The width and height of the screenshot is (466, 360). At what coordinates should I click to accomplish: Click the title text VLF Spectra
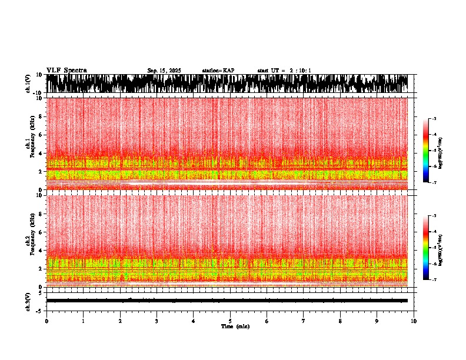click(x=66, y=70)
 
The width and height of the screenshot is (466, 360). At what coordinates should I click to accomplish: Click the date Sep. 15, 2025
click(x=164, y=71)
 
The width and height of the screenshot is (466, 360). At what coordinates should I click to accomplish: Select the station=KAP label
click(x=218, y=71)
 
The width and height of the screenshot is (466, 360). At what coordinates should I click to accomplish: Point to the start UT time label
click(x=284, y=71)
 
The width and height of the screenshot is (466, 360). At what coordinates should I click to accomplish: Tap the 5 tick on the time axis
click(x=230, y=321)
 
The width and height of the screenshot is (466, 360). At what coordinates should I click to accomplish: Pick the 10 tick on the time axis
click(x=414, y=321)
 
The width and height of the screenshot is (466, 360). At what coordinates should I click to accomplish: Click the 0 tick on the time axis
click(x=46, y=321)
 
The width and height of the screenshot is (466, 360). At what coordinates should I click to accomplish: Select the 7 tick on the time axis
click(x=304, y=321)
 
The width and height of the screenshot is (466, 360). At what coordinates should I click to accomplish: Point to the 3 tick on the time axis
click(x=157, y=321)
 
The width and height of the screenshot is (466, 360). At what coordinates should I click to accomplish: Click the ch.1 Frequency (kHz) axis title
click(x=31, y=144)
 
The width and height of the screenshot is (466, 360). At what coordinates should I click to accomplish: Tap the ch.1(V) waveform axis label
click(x=28, y=84)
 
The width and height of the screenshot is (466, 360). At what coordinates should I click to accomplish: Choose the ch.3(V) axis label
click(x=28, y=300)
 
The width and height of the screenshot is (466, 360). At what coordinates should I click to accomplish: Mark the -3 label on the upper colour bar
click(x=434, y=119)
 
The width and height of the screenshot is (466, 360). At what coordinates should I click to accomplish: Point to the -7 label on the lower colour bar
click(x=434, y=280)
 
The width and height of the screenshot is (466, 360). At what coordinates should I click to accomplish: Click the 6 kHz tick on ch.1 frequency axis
click(x=42, y=135)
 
